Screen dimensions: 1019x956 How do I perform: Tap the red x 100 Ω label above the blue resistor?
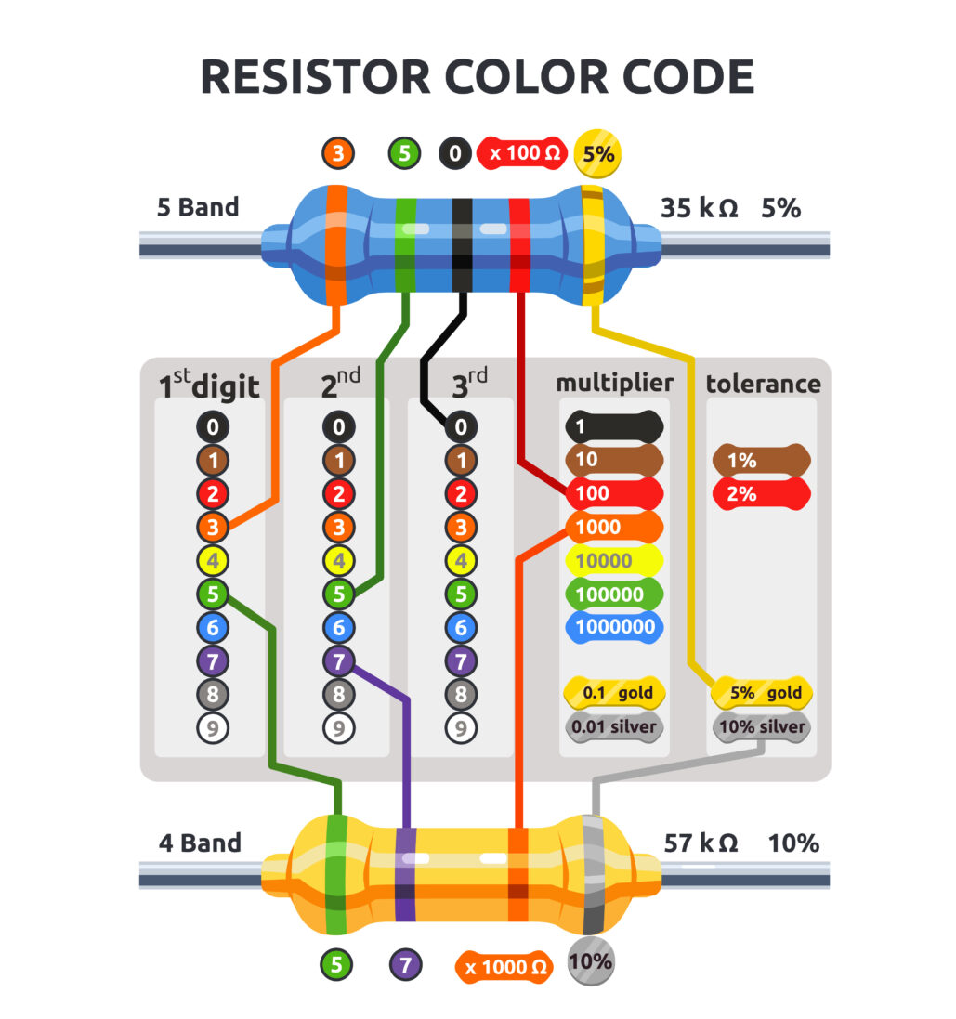(524, 153)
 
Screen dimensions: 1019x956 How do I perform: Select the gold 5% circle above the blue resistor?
(598, 154)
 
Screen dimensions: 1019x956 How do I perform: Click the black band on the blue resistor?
(462, 246)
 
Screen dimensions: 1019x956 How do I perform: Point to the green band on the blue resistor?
(405, 246)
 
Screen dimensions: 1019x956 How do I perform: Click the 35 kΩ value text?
(699, 208)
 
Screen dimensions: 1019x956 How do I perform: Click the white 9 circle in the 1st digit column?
(213, 727)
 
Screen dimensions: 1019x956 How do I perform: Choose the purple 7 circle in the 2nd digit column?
(338, 661)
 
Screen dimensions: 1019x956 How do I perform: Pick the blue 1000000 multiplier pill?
(614, 627)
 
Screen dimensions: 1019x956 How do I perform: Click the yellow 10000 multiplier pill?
(614, 561)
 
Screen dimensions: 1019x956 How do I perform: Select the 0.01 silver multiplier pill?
(614, 726)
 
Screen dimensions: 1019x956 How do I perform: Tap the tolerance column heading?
(763, 384)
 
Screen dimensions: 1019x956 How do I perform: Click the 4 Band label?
(200, 843)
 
